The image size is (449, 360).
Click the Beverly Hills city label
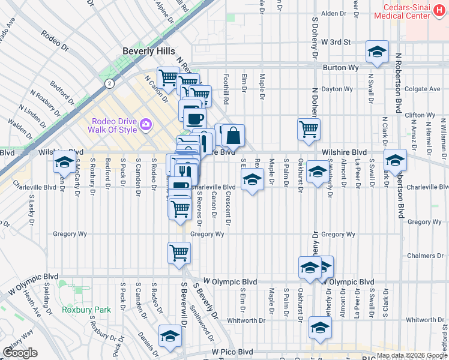[x=148, y=51]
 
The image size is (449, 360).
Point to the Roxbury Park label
[x=86, y=310]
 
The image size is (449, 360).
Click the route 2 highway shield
[x=109, y=83]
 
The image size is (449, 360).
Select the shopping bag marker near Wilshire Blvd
[x=233, y=136]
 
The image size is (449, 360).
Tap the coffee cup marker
[x=194, y=118]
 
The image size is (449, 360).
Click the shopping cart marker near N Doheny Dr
[x=309, y=128]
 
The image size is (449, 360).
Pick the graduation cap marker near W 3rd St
[x=377, y=52]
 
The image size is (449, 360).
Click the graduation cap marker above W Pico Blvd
[x=170, y=336]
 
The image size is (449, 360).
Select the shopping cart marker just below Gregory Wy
[x=179, y=253]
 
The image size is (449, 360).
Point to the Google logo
[x=20, y=353]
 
